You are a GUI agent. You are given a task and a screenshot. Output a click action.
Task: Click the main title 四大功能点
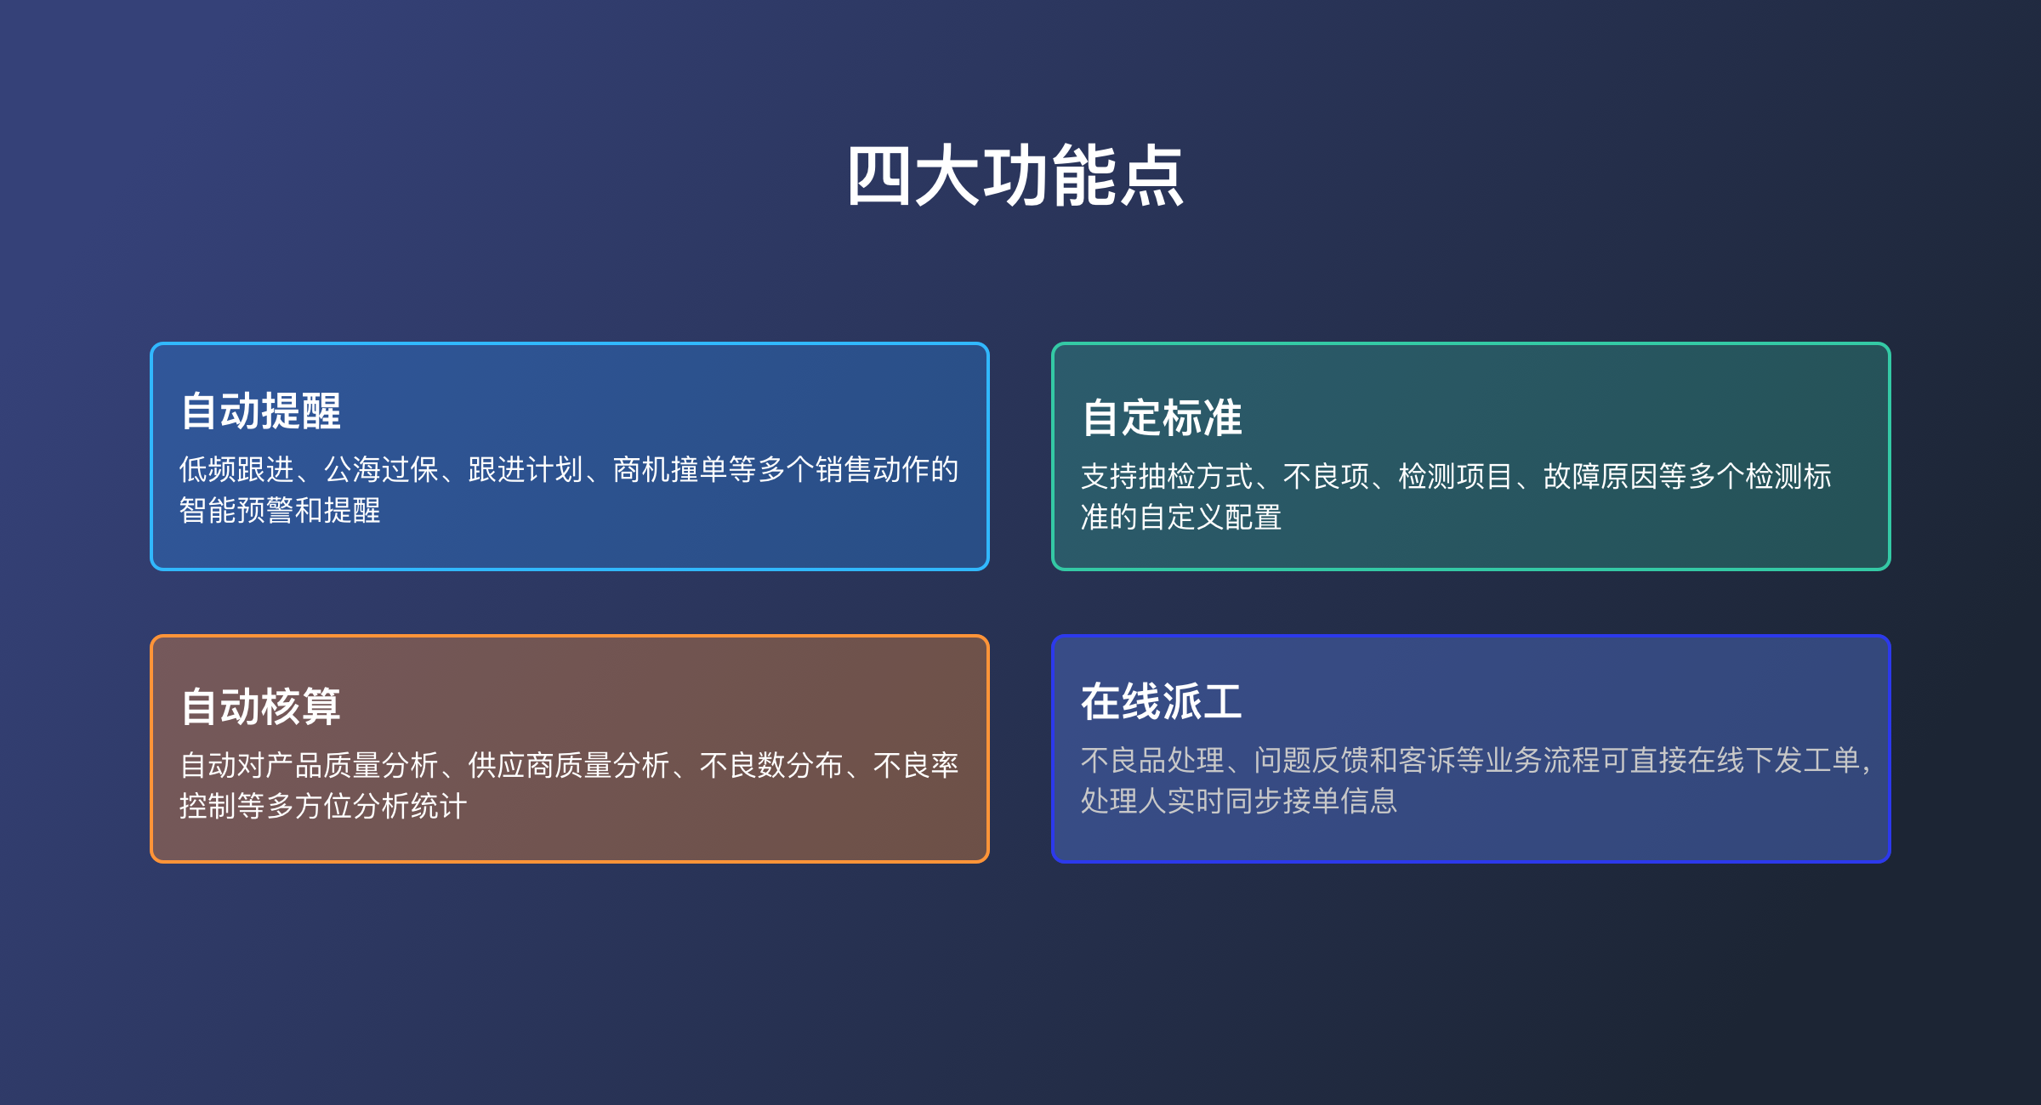(x=1015, y=176)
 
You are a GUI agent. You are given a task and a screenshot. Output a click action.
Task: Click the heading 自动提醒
(x=261, y=411)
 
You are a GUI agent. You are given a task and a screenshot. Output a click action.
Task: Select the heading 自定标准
(x=1162, y=418)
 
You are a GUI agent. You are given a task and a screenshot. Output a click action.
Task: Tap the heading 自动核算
(x=261, y=706)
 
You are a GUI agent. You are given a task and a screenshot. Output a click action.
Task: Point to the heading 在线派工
(x=1162, y=702)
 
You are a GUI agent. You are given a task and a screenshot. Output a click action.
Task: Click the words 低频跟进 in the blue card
(x=236, y=469)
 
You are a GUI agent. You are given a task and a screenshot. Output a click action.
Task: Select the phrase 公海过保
(x=381, y=469)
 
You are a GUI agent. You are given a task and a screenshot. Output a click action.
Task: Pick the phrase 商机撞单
(x=670, y=469)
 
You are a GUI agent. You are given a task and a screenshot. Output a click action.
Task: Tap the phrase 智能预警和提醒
(x=280, y=510)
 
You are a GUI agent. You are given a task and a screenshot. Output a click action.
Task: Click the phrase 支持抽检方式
(x=1167, y=476)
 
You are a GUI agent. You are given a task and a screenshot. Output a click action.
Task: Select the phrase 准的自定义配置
(x=1181, y=517)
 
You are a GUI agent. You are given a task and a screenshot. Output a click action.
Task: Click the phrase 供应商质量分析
(x=569, y=765)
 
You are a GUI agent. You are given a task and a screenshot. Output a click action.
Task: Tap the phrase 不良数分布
(x=771, y=765)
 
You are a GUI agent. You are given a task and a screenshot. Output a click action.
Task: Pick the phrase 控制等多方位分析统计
(x=323, y=806)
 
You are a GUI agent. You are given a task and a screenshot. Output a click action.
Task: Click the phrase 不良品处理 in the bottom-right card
(x=1152, y=760)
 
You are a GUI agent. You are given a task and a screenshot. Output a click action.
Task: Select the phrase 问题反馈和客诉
(x=1355, y=760)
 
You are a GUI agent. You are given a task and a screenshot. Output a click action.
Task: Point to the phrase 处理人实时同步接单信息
(x=1239, y=801)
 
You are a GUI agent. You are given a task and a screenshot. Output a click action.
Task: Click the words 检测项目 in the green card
(x=1456, y=476)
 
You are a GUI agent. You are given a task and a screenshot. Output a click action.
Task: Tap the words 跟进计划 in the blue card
(x=526, y=469)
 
